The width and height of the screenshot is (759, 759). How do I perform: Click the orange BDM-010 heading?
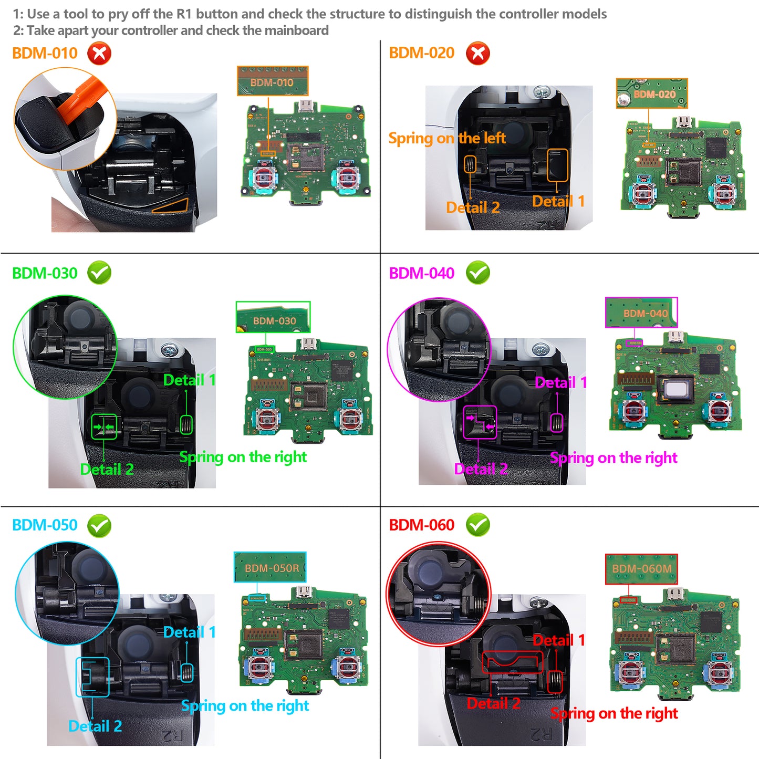[45, 53]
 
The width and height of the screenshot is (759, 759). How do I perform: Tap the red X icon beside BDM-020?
[477, 54]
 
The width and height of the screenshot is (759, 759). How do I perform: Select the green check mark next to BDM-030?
[99, 273]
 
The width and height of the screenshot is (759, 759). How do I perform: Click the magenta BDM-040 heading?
[421, 273]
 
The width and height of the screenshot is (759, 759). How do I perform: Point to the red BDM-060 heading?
[421, 525]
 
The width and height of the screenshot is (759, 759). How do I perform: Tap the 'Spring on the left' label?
[446, 138]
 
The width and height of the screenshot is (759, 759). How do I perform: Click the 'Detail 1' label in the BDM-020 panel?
[558, 201]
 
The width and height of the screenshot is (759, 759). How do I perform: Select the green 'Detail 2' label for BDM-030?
[107, 469]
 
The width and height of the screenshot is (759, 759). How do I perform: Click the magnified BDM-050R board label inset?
[270, 567]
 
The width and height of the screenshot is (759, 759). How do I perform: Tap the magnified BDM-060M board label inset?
[641, 569]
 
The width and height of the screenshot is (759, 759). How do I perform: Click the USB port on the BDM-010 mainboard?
[305, 106]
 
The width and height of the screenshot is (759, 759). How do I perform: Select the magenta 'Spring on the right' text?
[613, 458]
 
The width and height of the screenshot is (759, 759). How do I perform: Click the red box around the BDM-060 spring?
[555, 682]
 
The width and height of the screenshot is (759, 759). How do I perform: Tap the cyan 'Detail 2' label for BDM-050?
[95, 726]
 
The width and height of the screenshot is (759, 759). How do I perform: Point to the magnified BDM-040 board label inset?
[641, 313]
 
